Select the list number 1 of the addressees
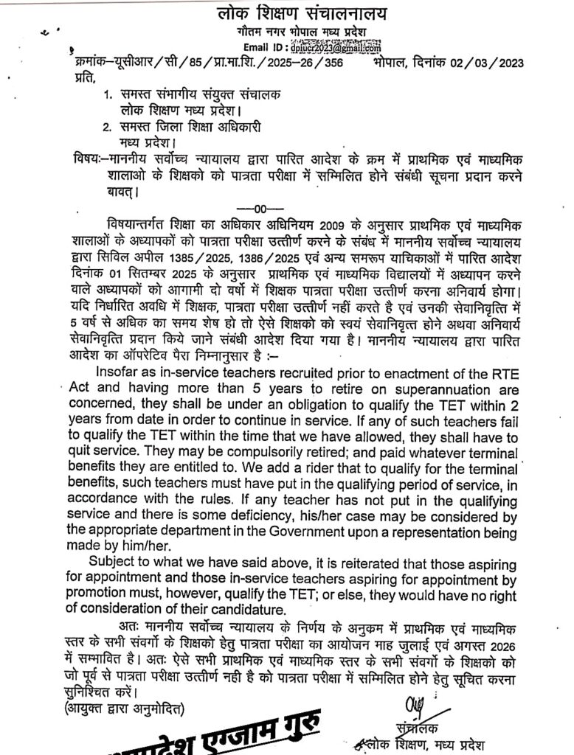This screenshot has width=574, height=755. [x=106, y=95]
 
